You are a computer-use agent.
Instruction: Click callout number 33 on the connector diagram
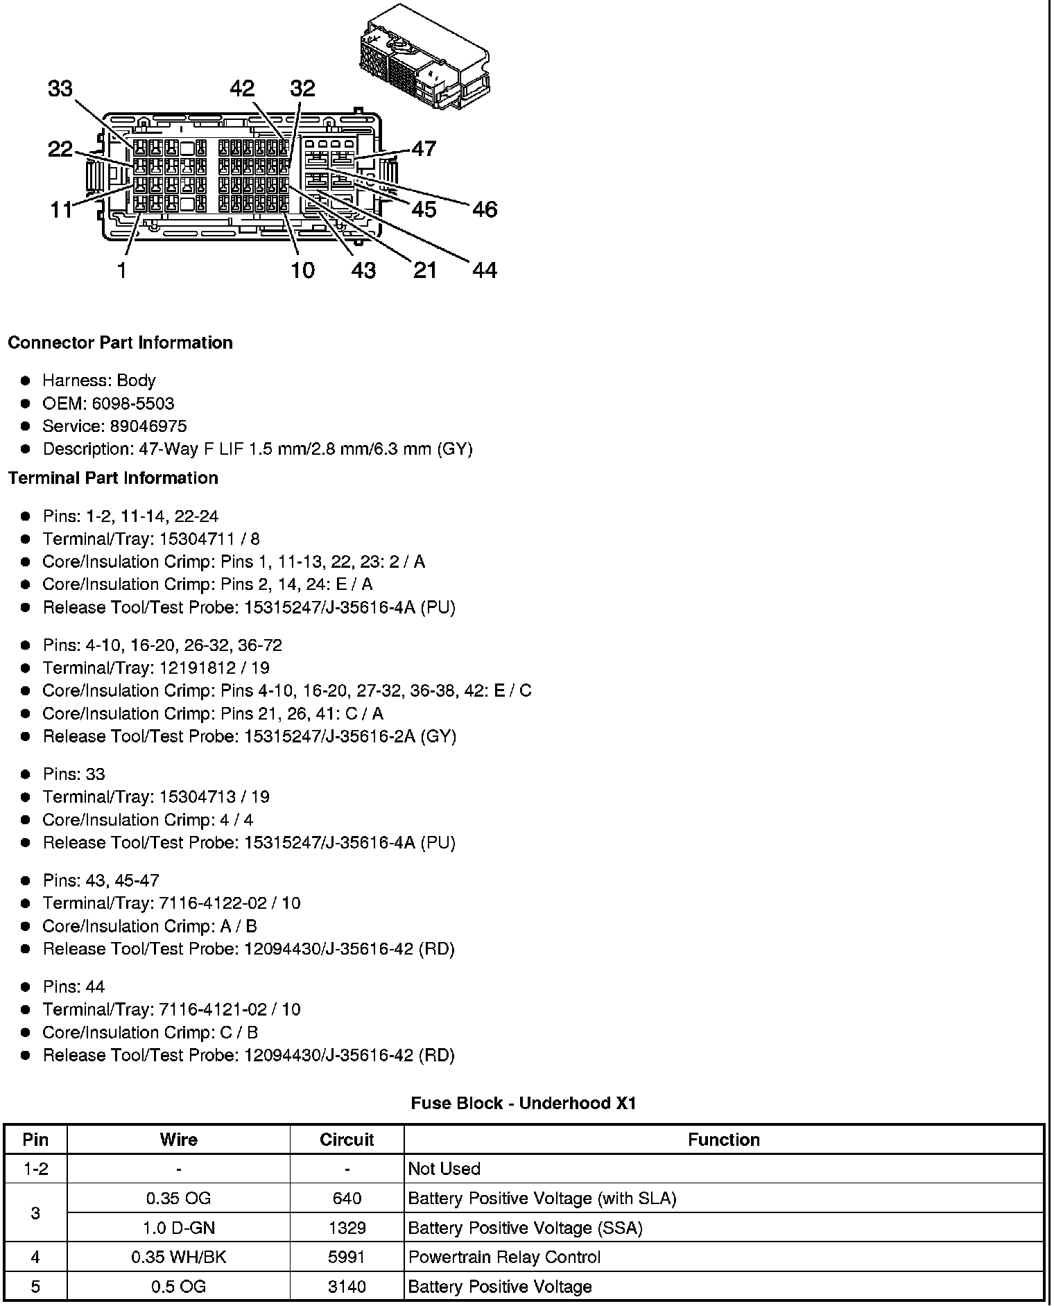pyautogui.click(x=60, y=89)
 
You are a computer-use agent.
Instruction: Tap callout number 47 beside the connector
pyautogui.click(x=424, y=148)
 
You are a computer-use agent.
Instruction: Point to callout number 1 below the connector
pyautogui.click(x=122, y=270)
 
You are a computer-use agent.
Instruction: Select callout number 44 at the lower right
pyautogui.click(x=485, y=270)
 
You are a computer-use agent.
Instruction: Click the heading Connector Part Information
pyautogui.click(x=120, y=342)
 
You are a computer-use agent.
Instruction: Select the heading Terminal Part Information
pyautogui.click(x=113, y=478)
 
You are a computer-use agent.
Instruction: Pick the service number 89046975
pyautogui.click(x=148, y=426)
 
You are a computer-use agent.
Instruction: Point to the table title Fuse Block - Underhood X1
pyautogui.click(x=524, y=1103)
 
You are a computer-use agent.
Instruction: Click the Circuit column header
pyautogui.click(x=347, y=1140)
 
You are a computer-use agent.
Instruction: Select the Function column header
pyautogui.click(x=723, y=1140)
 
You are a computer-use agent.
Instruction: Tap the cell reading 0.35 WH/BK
pyautogui.click(x=178, y=1257)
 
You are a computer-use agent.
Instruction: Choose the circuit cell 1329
pyautogui.click(x=347, y=1228)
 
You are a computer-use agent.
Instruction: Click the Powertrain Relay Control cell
pyautogui.click(x=504, y=1257)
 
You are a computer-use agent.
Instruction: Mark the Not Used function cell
pyautogui.click(x=444, y=1169)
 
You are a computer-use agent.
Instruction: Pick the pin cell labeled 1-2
pyautogui.click(x=35, y=1169)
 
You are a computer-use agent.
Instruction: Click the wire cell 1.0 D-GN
pyautogui.click(x=178, y=1228)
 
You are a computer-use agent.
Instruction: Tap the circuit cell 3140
pyautogui.click(x=347, y=1287)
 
